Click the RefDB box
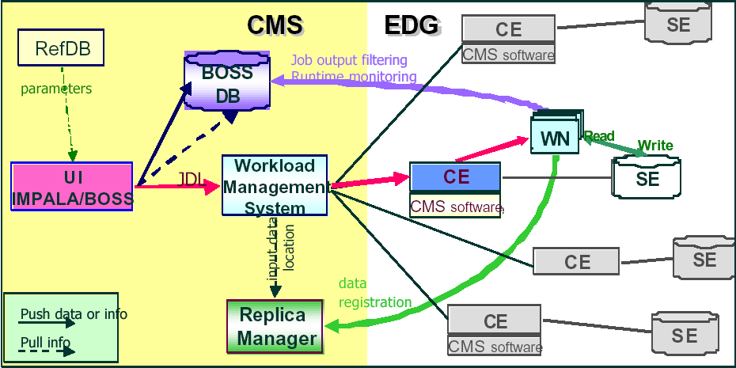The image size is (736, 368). click(x=63, y=48)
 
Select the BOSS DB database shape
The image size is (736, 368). click(x=227, y=85)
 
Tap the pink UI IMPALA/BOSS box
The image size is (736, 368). click(x=72, y=186)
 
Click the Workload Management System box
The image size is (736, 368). click(x=275, y=187)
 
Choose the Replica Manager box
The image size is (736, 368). click(x=275, y=326)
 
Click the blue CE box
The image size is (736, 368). click(x=455, y=176)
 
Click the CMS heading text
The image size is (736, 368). click(x=275, y=25)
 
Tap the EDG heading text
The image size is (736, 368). click(x=411, y=25)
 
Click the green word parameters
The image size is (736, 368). click(x=56, y=89)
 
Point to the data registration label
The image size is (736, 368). click(x=375, y=293)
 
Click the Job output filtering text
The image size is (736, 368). click(x=349, y=60)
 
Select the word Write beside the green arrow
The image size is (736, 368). click(x=655, y=146)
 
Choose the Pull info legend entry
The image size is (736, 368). click(x=45, y=343)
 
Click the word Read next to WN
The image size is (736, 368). click(x=599, y=136)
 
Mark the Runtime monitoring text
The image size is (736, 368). click(x=353, y=77)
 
